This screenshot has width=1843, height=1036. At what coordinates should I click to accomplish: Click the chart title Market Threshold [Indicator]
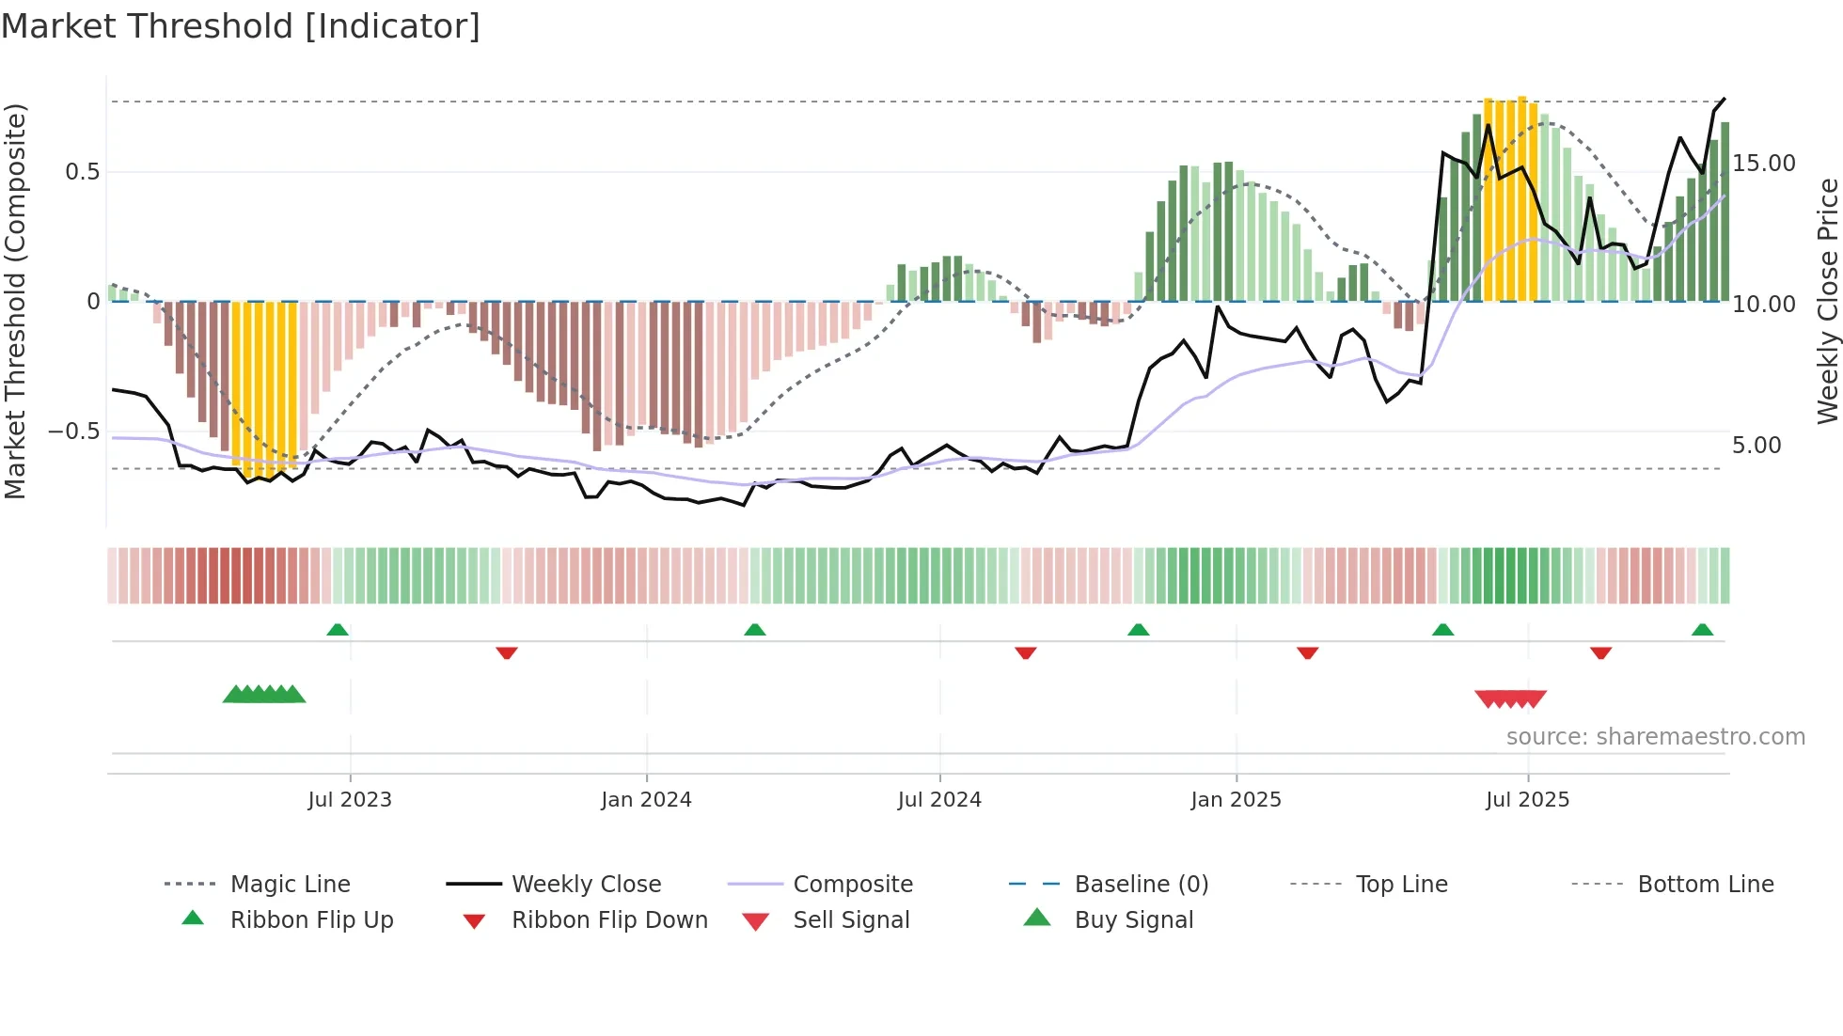click(x=241, y=26)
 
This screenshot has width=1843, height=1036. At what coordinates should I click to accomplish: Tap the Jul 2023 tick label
click(x=350, y=800)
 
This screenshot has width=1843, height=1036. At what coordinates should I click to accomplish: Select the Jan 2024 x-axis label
click(x=646, y=800)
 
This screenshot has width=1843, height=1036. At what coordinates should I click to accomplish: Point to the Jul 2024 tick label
click(x=939, y=800)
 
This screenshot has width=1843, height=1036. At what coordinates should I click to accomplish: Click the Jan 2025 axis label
click(x=1236, y=800)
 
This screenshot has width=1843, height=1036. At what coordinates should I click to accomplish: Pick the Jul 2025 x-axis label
click(x=1528, y=800)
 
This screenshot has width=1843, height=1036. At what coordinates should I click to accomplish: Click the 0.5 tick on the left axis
click(x=83, y=172)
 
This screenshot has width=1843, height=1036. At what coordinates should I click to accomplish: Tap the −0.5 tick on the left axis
click(x=74, y=432)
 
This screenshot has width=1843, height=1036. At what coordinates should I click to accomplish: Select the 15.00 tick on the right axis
click(x=1764, y=164)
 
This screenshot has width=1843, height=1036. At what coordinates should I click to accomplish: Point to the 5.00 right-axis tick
click(x=1756, y=446)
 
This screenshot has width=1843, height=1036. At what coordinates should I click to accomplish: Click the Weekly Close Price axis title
click(x=1827, y=301)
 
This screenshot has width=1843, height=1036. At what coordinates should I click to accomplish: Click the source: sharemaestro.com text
click(x=1655, y=737)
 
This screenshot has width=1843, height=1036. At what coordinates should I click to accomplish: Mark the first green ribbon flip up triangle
click(x=338, y=630)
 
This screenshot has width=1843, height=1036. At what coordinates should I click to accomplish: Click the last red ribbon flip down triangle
click(x=1601, y=652)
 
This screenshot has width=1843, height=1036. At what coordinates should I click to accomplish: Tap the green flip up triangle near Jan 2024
click(x=754, y=630)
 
